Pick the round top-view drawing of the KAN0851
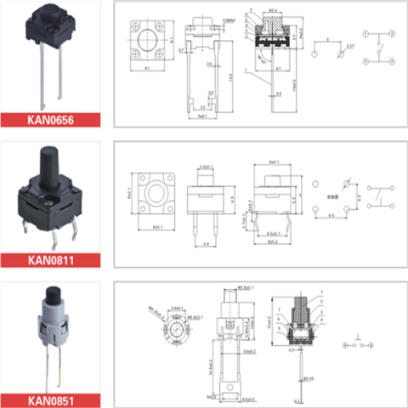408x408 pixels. (x=174, y=326)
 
